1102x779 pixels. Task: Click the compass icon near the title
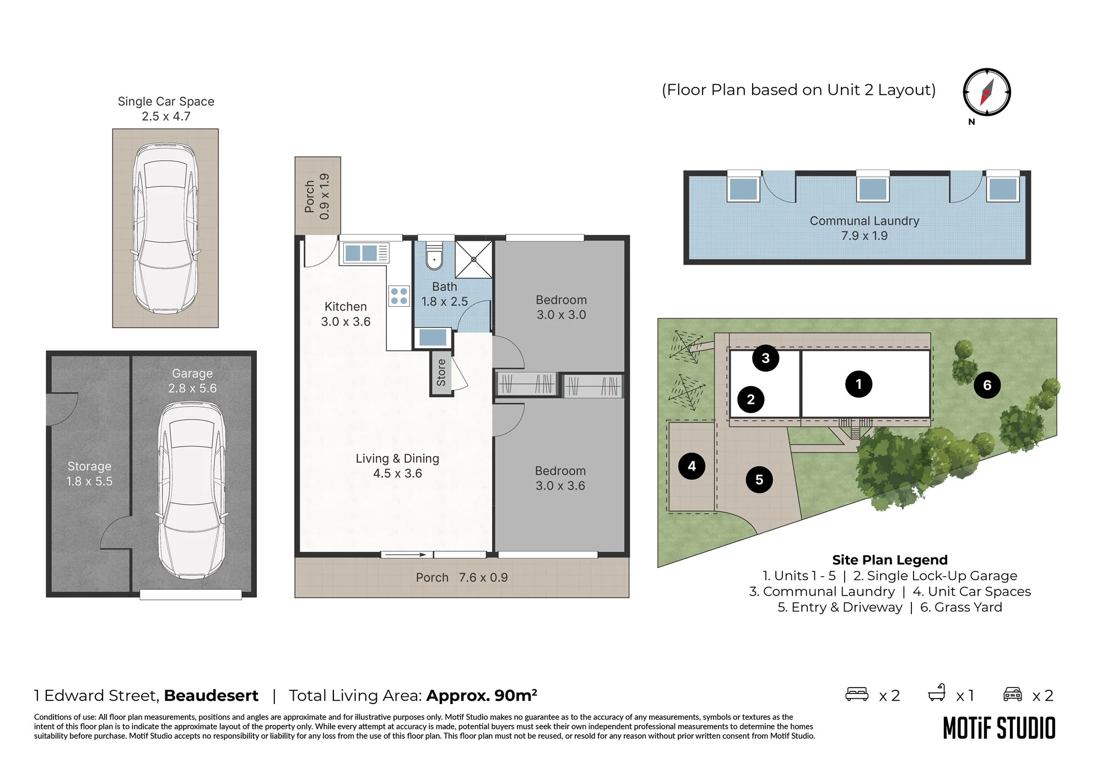986,92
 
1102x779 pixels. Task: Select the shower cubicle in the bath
473,259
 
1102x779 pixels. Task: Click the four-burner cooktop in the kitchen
399,296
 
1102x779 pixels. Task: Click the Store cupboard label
441,372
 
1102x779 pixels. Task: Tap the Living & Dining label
397,458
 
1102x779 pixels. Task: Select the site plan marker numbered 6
987,385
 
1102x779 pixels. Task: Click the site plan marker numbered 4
692,467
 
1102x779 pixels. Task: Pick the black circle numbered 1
858,384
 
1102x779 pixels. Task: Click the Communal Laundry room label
865,221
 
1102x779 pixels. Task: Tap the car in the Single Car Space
165,228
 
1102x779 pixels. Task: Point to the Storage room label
89,467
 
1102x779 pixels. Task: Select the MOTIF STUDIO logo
999,728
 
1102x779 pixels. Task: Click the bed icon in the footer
857,694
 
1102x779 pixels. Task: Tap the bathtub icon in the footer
937,693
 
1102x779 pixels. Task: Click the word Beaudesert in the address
211,696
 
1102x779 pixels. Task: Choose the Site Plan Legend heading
890,560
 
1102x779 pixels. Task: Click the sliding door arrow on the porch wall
403,555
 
